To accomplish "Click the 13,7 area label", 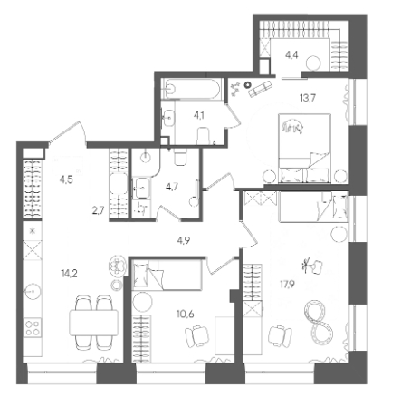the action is coord(308,98).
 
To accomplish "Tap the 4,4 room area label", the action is coord(291,55).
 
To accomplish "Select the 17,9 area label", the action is coord(287,285).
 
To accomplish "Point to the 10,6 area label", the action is coord(186,315).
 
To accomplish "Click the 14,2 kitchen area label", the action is coord(69,274).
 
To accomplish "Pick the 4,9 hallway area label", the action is coord(184,241).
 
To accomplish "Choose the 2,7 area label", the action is coord(99,210).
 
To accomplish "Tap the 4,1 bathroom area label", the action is coord(199,115).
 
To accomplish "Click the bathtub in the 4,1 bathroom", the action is coord(192,89).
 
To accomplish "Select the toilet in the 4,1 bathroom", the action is coord(204,136).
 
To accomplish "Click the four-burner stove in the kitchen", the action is coord(33,328).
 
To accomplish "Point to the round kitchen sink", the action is coord(32,291).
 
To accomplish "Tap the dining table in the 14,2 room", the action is coord(93,323).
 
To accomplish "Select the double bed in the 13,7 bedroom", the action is coord(304,149).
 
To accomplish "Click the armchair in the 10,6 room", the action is coord(196,336).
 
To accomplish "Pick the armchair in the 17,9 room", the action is coord(280,336).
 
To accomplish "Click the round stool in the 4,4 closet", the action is coord(313,63).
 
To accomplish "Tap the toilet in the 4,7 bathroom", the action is coord(180,158).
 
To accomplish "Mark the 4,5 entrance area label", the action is coord(66,180).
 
